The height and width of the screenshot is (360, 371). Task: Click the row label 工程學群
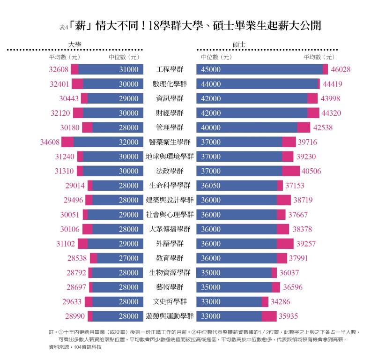click(170, 69)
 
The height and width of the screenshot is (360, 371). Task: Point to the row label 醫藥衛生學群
click(170, 142)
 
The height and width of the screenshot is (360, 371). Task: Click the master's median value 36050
click(211, 186)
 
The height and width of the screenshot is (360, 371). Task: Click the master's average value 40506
click(312, 171)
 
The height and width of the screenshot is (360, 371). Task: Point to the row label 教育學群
click(170, 258)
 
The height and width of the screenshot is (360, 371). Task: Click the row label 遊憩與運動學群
click(170, 316)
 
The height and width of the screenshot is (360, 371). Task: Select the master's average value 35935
click(289, 316)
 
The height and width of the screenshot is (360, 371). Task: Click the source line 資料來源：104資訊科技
click(75, 347)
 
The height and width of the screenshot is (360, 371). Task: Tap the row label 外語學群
click(170, 244)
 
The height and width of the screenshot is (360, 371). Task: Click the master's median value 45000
click(211, 69)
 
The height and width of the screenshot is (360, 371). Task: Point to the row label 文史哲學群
click(170, 301)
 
